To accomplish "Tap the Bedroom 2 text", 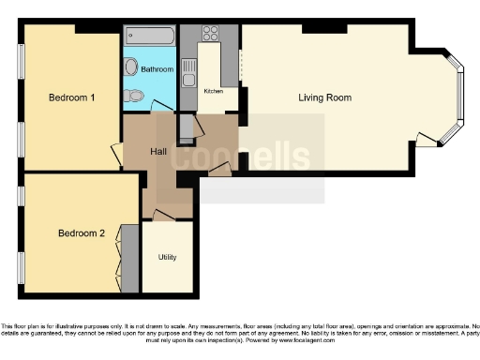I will (81, 232).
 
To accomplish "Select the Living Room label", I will (323, 97).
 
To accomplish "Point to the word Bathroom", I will (157, 69).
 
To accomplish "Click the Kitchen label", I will (215, 91).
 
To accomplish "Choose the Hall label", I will (158, 149).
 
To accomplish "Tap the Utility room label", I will (167, 257).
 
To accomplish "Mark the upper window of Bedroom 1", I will (20, 67).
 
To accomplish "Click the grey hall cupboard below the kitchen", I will (186, 126).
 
